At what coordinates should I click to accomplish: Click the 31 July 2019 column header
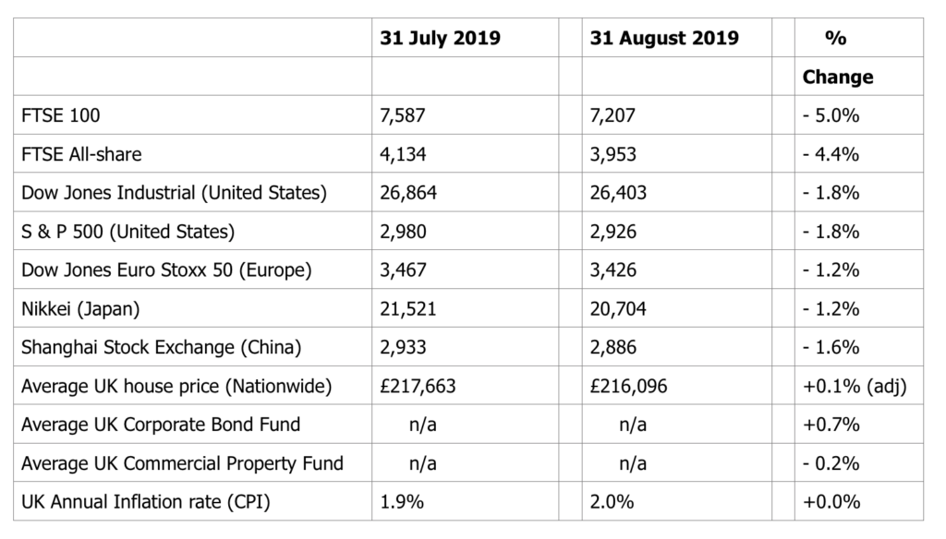click(x=440, y=38)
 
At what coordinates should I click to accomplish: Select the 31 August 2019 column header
click(x=664, y=38)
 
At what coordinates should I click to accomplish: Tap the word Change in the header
click(x=837, y=78)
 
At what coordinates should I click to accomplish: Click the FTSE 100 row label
click(x=60, y=115)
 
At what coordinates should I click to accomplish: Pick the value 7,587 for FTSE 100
click(x=403, y=115)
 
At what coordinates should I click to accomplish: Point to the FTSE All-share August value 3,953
click(x=613, y=154)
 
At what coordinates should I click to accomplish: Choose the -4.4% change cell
click(x=831, y=154)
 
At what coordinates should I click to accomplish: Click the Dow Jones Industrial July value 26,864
click(x=408, y=193)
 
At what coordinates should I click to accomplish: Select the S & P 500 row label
click(x=127, y=232)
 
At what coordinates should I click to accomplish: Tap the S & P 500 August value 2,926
click(x=613, y=232)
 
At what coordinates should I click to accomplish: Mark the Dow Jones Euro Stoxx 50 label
click(x=166, y=270)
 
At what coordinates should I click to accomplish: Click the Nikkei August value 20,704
click(x=618, y=308)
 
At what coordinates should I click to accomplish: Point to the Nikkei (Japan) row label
click(x=80, y=308)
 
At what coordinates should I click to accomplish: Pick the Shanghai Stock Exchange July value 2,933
click(x=403, y=347)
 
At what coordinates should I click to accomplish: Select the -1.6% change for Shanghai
click(x=831, y=347)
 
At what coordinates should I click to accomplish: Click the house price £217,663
click(x=418, y=386)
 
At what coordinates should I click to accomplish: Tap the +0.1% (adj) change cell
click(x=855, y=386)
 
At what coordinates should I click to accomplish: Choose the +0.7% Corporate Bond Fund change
click(x=831, y=425)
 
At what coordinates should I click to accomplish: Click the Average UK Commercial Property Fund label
click(x=182, y=463)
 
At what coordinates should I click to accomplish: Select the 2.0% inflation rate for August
click(x=612, y=501)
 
